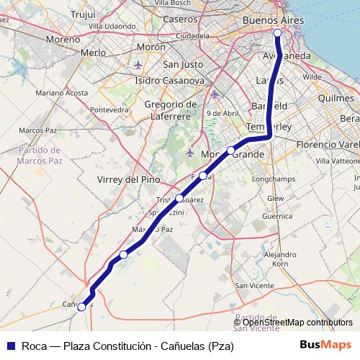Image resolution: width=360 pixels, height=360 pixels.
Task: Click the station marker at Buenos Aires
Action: [x=278, y=32]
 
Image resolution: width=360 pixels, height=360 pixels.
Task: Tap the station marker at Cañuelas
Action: [x=81, y=307]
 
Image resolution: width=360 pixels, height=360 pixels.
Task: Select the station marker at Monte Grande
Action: [x=231, y=150]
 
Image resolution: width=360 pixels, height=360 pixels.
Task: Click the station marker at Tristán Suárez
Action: [x=179, y=197]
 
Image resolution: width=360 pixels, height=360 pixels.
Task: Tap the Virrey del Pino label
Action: [x=130, y=179]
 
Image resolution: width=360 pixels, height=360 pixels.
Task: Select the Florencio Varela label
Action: [x=328, y=145]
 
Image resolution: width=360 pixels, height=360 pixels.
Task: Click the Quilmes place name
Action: [x=336, y=97]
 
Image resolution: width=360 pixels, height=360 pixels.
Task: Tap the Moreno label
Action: [x=62, y=40]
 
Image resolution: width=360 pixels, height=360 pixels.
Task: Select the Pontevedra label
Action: [x=108, y=109]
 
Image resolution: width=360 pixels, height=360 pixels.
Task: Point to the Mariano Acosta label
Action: [x=61, y=93]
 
